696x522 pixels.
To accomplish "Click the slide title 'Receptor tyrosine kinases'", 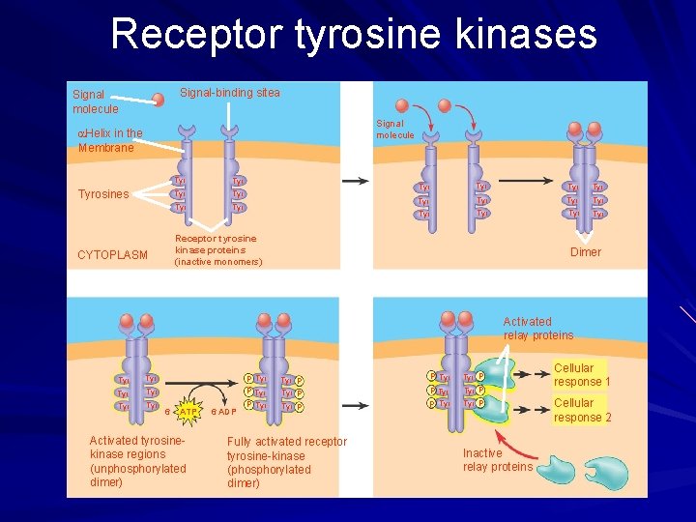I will point(354,34).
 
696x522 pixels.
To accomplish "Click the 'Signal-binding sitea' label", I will point(230,93).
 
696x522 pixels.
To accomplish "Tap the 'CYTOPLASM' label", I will point(112,255).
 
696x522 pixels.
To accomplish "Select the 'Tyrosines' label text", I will point(103,194).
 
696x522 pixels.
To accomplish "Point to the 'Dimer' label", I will point(585,252).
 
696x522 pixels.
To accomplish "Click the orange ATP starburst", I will point(188,411).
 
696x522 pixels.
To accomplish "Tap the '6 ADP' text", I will point(224,412).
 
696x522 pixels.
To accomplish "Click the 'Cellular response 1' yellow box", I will point(581,375).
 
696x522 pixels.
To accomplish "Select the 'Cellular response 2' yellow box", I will point(581,410).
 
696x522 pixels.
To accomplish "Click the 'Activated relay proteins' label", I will point(537,329).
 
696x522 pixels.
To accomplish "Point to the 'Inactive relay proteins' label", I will point(497,460).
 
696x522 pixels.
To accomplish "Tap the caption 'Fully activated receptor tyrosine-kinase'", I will point(285,462).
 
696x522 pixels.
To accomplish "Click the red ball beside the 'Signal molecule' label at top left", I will point(157,99).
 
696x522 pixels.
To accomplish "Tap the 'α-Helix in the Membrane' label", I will point(109,140).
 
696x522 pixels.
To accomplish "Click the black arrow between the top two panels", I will point(355,181).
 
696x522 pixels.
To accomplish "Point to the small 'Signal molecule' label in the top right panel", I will point(394,130).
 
